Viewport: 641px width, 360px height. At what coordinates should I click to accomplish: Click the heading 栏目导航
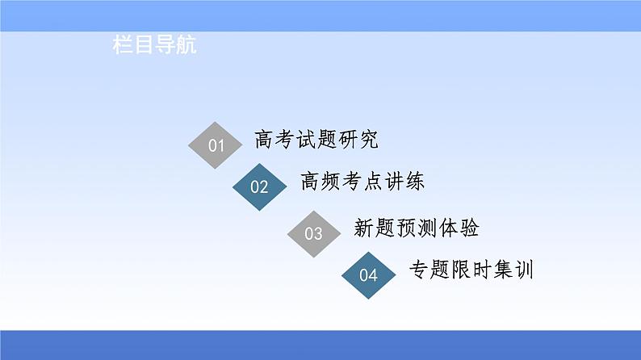(154, 46)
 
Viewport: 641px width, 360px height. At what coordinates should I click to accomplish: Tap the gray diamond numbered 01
(215, 146)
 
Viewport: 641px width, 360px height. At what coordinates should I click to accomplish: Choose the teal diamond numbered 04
(368, 275)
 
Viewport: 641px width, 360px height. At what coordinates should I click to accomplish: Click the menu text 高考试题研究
(316, 140)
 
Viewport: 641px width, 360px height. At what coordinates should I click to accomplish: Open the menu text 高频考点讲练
(361, 182)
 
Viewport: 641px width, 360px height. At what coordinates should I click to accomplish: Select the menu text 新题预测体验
(417, 228)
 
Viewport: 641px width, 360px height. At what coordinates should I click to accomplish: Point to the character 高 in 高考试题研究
(264, 140)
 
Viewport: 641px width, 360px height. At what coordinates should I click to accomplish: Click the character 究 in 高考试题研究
(368, 140)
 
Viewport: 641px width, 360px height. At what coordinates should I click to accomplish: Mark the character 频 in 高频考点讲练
(330, 182)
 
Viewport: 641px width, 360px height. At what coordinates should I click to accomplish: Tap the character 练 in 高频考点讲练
(414, 182)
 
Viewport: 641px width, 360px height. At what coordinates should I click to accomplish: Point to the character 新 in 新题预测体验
(364, 228)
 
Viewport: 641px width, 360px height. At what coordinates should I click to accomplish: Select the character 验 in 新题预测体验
(469, 228)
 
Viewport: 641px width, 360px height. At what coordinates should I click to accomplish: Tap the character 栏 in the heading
(123, 46)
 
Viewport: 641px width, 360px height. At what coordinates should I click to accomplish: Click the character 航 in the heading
(186, 46)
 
